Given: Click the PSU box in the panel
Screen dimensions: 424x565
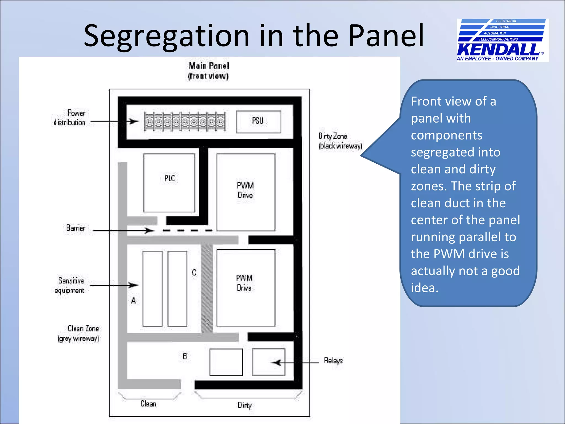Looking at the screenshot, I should (x=258, y=122).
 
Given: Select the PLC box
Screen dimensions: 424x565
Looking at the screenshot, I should (x=169, y=183).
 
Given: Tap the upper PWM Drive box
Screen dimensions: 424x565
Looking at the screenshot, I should (x=246, y=192).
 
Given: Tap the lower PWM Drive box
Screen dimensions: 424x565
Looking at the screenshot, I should (x=246, y=288).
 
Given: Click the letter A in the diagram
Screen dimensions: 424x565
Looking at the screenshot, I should (x=134, y=300).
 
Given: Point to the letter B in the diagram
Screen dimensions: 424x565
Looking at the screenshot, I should (x=185, y=356).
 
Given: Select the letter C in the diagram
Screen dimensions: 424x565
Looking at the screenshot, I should (x=194, y=272).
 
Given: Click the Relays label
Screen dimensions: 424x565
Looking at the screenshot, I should (x=333, y=361).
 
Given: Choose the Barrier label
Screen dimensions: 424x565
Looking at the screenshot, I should (x=76, y=228).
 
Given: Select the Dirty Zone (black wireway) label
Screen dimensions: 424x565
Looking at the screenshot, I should (x=340, y=141).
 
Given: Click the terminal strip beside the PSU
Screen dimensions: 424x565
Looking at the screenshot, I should (x=185, y=121).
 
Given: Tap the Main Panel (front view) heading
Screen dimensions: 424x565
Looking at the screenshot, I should (x=209, y=71).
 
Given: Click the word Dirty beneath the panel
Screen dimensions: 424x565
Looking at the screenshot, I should (x=245, y=405).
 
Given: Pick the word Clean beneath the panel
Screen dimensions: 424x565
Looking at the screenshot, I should (x=148, y=404).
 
